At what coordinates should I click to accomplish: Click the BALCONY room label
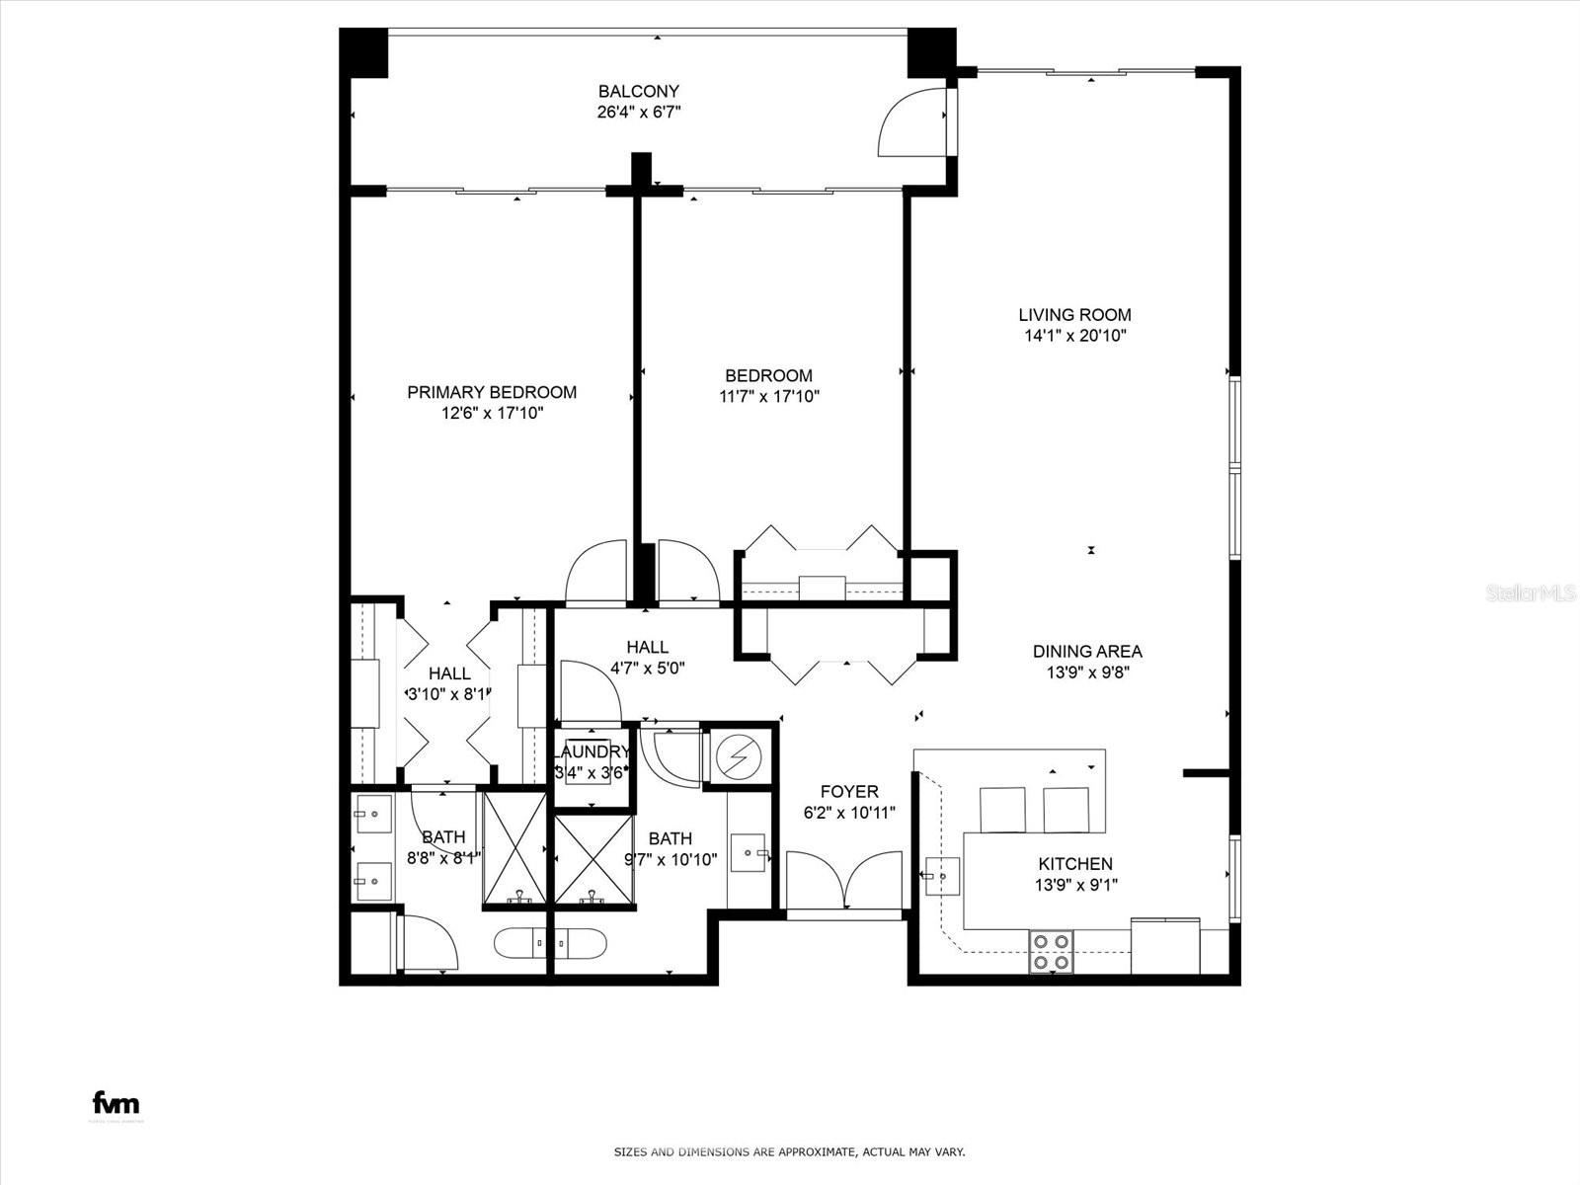pos(639,91)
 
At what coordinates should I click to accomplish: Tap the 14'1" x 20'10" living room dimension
pos(1074,336)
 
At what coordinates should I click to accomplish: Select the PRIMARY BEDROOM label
pos(492,392)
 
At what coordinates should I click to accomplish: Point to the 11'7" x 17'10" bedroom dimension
pos(769,397)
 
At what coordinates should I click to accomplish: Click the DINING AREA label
pos(1087,652)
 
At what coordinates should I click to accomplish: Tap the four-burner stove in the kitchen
pos(1050,951)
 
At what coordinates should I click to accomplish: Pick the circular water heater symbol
pos(738,757)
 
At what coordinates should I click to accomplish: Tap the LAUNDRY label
pos(591,751)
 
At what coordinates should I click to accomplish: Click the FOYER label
pos(848,792)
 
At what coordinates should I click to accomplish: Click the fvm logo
pos(116,1103)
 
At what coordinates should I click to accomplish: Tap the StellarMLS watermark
pos(1532,593)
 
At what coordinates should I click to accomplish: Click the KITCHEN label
pos(1075,864)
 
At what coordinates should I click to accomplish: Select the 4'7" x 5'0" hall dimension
pos(647,668)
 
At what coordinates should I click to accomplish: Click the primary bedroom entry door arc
pos(595,573)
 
